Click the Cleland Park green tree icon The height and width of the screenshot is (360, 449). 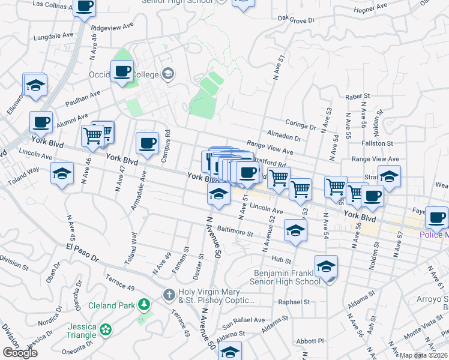point(143,305)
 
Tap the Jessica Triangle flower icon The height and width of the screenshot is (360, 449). point(106,329)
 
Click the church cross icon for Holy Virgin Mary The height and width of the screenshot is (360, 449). point(169,295)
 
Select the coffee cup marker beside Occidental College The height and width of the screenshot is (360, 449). point(122,71)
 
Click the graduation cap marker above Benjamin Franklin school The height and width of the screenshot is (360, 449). point(326,266)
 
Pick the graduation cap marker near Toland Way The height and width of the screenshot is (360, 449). point(62,174)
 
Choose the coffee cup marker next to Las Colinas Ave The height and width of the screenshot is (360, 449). point(85,7)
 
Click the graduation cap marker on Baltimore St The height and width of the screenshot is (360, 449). point(295,231)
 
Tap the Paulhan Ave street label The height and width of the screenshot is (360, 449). point(83,97)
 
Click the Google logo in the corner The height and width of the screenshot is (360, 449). point(20,353)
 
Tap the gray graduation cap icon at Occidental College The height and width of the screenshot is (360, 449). point(169,74)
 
